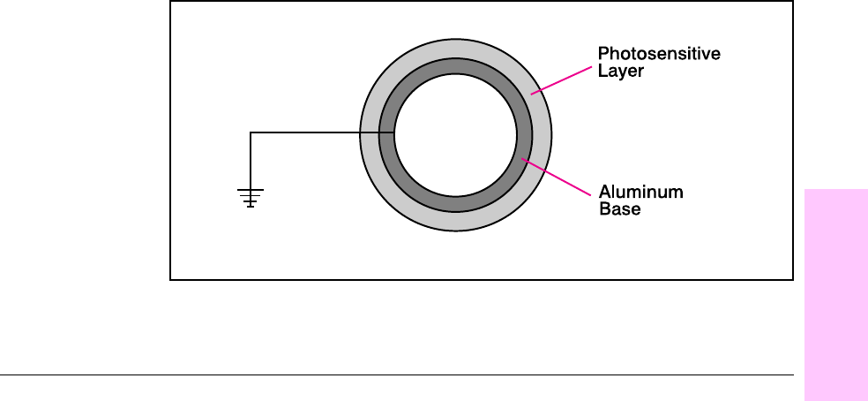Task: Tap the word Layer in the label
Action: [x=621, y=72]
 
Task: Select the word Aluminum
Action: [x=641, y=192]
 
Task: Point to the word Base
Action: [x=619, y=209]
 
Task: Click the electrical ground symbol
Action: [x=251, y=197]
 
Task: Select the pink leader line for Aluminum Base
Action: [x=556, y=175]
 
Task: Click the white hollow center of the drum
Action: [x=456, y=133]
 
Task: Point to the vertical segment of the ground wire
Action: [x=251, y=159]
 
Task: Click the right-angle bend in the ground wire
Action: [x=251, y=132]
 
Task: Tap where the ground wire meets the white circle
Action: [x=394, y=132]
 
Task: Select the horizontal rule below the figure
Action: [x=397, y=376]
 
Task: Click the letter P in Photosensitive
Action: [x=603, y=55]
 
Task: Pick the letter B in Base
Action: [x=604, y=209]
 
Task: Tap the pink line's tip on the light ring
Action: [x=532, y=90]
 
